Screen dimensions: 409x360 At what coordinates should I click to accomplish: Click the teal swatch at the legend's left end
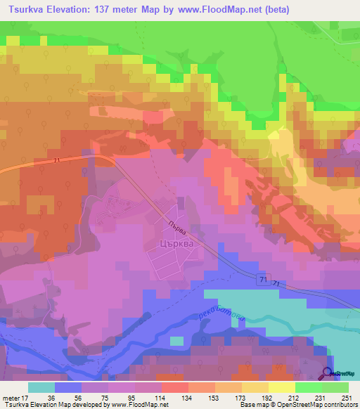tap(41, 387)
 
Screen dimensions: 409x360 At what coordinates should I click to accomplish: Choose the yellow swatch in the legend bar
tap(281, 387)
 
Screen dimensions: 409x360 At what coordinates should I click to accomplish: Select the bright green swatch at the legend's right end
tap(335, 387)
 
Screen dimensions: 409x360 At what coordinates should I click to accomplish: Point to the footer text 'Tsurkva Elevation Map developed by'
tap(49, 405)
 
